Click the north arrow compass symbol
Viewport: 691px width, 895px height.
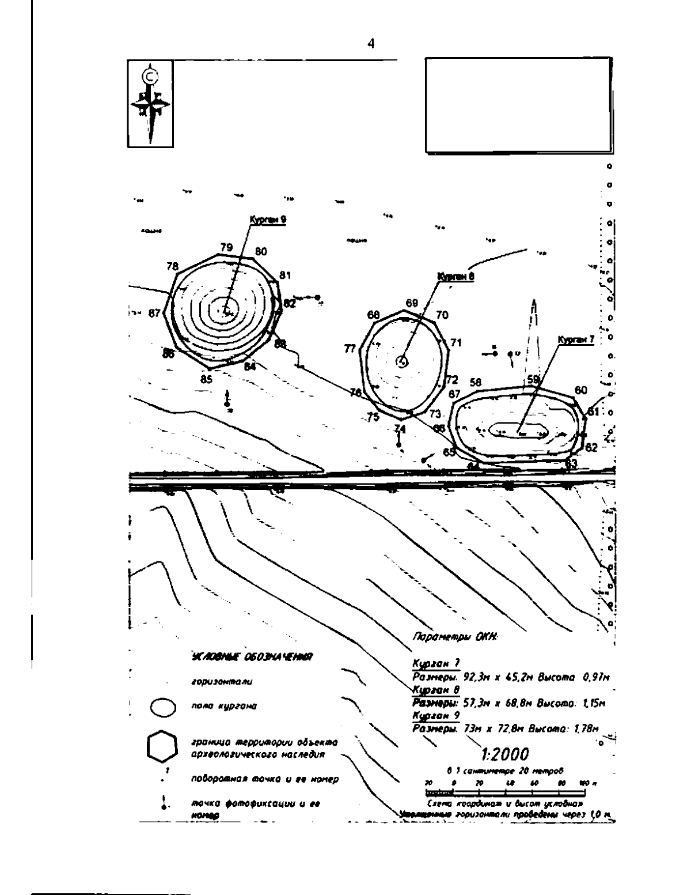(x=150, y=105)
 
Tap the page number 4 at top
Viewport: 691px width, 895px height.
(x=371, y=44)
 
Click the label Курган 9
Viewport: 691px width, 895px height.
(x=268, y=220)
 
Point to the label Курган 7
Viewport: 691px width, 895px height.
(x=575, y=340)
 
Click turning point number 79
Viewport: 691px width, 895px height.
(x=226, y=248)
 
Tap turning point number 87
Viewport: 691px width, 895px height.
(x=154, y=314)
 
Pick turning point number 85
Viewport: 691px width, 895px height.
(x=206, y=379)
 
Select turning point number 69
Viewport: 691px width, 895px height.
(x=411, y=303)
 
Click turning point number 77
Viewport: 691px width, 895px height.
(x=350, y=349)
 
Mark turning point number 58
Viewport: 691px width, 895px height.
(x=475, y=382)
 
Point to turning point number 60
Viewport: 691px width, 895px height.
(x=580, y=390)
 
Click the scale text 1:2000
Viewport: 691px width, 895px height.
(x=504, y=754)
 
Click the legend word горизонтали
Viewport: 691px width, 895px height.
(x=221, y=682)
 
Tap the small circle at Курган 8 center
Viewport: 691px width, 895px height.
(x=403, y=361)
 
